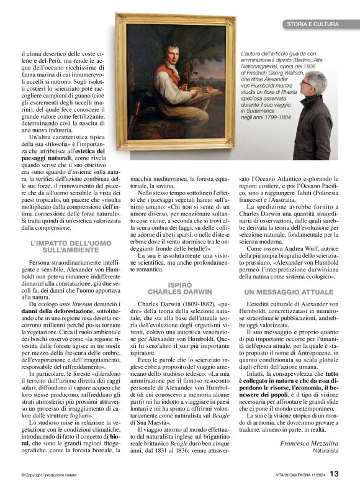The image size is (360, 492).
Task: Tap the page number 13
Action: click(335, 474)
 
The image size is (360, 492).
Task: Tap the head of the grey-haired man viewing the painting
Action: click(316, 83)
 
